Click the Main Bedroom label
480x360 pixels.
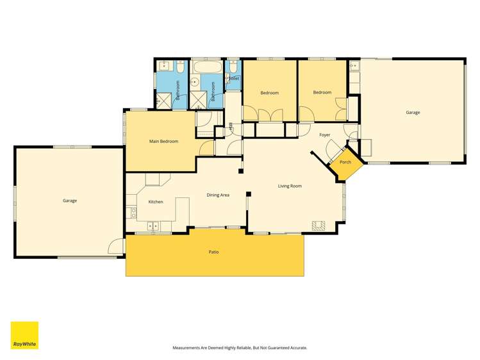[x=163, y=141]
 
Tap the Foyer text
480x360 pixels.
[x=324, y=135]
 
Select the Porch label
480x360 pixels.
[x=345, y=162]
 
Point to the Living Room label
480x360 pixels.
[x=290, y=186]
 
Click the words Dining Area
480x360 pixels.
[x=218, y=195]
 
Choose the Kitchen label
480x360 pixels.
[x=156, y=202]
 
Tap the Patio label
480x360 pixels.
[x=214, y=252]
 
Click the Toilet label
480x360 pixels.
[x=233, y=78]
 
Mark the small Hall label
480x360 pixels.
[x=231, y=126]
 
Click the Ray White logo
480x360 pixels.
[x=24, y=335]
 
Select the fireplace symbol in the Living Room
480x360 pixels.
[x=319, y=225]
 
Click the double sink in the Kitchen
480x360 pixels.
[x=154, y=226]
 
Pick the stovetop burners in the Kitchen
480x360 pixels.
[x=132, y=212]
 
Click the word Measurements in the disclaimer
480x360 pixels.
[x=187, y=348]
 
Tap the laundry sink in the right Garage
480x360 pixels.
[x=354, y=65]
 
